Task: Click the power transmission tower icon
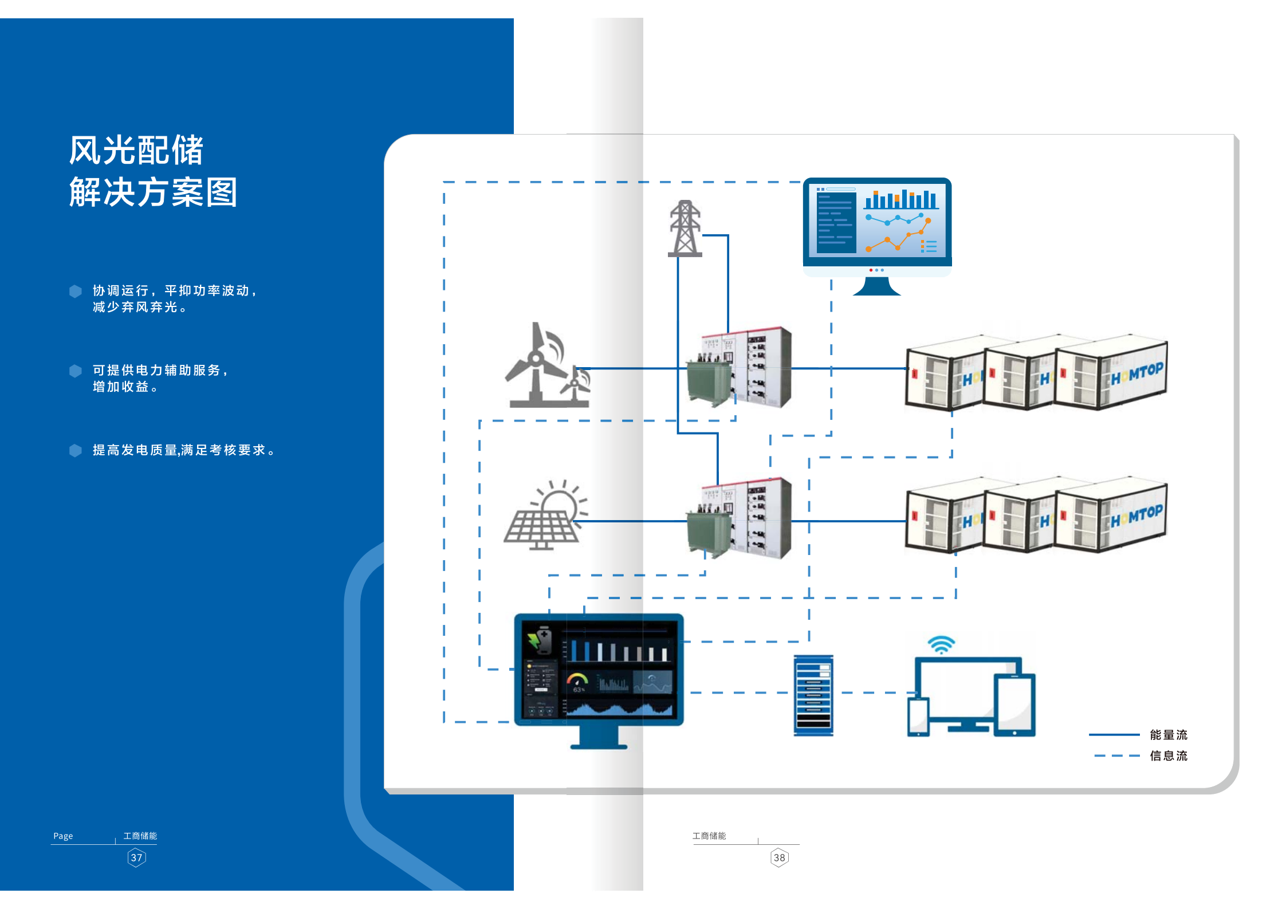685,229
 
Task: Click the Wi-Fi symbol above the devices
941,644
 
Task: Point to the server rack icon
813,695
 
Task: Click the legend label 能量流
1169,735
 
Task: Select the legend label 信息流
1169,756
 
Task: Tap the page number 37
136,858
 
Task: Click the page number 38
779,858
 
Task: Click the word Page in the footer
63,836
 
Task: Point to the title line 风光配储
136,151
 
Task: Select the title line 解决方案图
153,192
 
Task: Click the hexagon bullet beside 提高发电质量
76,451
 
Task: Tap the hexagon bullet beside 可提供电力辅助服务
76,371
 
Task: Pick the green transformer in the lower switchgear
708,533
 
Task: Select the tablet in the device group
1014,705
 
